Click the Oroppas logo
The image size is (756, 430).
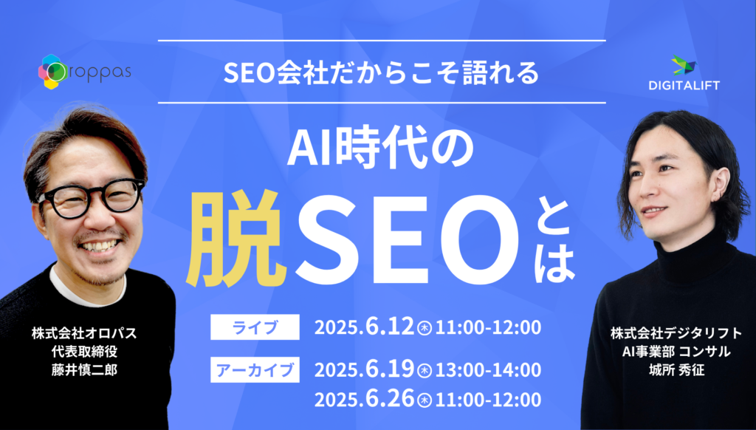point(84,72)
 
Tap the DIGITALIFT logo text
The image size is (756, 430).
point(684,86)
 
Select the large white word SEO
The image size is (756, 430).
point(407,240)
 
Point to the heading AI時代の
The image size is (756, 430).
point(381,151)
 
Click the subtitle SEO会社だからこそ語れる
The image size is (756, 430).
point(381,72)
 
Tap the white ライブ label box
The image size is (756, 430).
point(255,327)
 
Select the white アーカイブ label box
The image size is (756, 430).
point(255,369)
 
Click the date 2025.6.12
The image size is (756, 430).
point(364,327)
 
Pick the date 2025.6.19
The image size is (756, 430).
point(364,370)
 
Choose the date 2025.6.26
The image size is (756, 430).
point(364,400)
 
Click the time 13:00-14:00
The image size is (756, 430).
point(488,370)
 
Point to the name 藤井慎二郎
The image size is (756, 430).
point(84,369)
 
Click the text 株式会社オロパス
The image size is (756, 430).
point(84,333)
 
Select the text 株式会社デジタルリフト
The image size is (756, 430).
point(676,333)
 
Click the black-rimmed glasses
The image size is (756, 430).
point(91,198)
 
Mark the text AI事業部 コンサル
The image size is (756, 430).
point(676,352)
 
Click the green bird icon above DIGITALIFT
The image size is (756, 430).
point(684,65)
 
